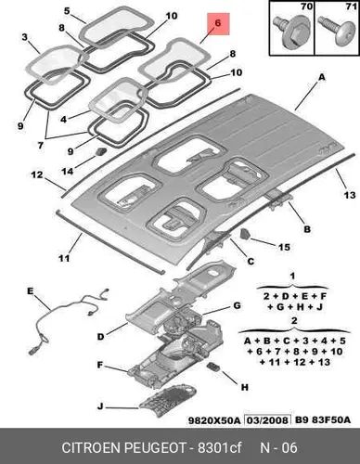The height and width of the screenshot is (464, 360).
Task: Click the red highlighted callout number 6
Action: point(218,23)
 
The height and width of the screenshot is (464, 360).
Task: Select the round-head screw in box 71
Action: point(338,32)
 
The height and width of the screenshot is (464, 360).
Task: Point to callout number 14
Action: point(68,171)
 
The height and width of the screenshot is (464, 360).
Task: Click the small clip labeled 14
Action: point(100,151)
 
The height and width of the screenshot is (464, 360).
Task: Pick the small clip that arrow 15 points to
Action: point(245,234)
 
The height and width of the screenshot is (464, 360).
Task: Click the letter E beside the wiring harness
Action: point(30,291)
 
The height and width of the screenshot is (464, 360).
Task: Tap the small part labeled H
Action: point(213,367)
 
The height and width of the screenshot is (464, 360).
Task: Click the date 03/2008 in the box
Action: point(267,420)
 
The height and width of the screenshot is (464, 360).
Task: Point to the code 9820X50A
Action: point(214,420)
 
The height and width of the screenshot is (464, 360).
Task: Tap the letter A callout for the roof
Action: point(322,77)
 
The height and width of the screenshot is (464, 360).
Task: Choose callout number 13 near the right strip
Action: point(350,195)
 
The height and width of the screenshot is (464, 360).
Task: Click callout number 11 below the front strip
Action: point(64,258)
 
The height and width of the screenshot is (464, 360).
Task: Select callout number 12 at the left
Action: point(37,174)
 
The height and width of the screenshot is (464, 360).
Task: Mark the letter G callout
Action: point(237,305)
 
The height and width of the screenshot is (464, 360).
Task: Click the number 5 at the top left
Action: point(67,11)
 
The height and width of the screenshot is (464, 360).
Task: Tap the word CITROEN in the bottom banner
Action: point(91,447)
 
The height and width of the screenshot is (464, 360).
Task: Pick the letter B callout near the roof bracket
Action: point(307,229)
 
